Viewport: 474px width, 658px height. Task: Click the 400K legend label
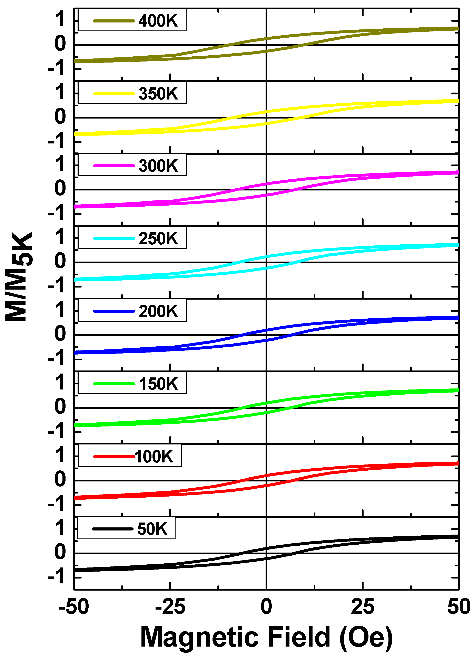(158, 21)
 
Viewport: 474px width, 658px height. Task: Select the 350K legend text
(158, 94)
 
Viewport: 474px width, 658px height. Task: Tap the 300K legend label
(158, 166)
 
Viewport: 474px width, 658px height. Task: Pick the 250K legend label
(158, 238)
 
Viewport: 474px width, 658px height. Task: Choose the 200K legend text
(158, 311)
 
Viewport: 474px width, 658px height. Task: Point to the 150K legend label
(158, 384)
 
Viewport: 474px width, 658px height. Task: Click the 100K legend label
(154, 457)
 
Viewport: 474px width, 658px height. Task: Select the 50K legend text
(152, 529)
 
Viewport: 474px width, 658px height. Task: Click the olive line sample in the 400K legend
(114, 21)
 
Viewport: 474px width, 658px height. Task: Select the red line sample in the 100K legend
(114, 457)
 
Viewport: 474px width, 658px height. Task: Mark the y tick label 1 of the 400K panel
(60, 20)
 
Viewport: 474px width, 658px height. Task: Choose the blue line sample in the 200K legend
(114, 311)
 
